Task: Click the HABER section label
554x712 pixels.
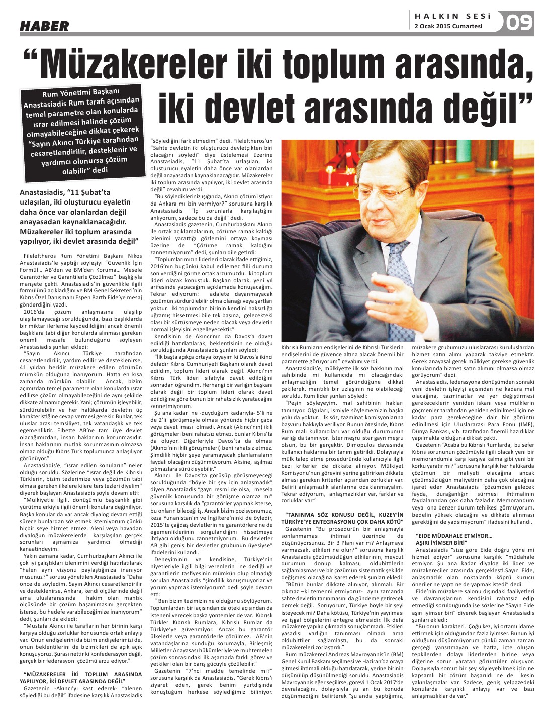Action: tap(44, 25)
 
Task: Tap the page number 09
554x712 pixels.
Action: tap(519, 23)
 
